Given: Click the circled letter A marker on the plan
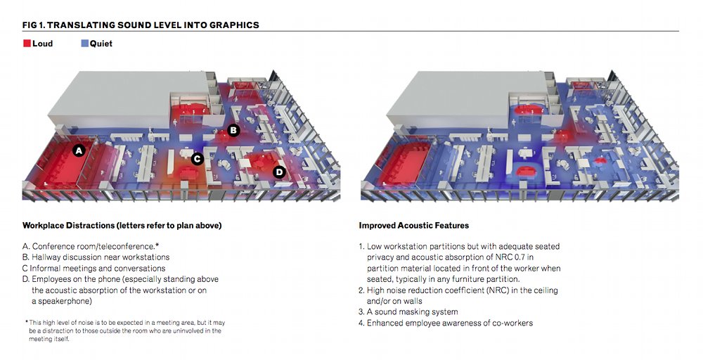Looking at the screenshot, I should (79, 150).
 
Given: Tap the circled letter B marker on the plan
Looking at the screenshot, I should (233, 130).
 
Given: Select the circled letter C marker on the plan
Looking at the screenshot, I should (198, 159).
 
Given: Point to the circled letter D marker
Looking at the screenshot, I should (278, 172).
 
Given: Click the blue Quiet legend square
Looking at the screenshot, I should (84, 44).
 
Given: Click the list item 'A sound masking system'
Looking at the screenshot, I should (412, 311).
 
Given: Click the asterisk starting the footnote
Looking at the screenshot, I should (26, 322).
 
